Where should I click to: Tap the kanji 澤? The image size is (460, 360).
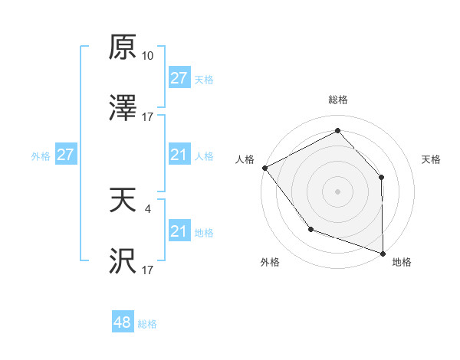[123, 110]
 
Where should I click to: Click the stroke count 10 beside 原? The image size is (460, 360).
[148, 56]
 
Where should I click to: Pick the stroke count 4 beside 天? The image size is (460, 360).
[148, 208]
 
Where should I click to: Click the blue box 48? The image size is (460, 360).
[123, 323]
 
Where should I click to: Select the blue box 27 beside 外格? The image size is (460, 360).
[66, 155]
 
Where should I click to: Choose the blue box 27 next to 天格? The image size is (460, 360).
[179, 79]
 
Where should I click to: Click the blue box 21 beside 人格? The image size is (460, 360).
[179, 155]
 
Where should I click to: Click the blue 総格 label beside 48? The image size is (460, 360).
[147, 324]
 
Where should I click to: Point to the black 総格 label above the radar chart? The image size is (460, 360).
[337, 100]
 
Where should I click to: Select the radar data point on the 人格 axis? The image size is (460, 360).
[264, 167]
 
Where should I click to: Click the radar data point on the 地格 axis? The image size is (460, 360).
[383, 253]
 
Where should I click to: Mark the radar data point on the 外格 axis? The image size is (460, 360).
[310, 228]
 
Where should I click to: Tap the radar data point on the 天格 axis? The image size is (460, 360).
[382, 177]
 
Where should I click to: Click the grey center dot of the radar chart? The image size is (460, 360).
[337, 191]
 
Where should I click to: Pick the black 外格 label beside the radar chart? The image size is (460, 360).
[270, 263]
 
